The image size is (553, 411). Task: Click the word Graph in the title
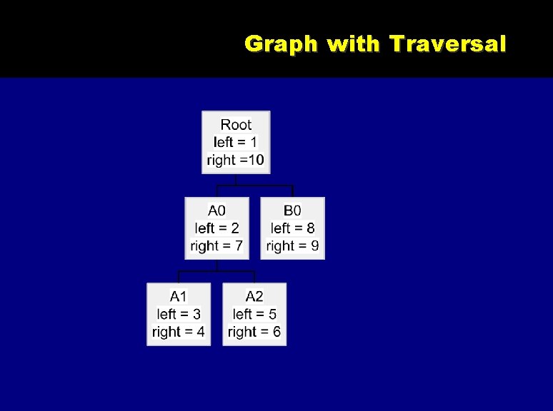281,45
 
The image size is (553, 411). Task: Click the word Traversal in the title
448,44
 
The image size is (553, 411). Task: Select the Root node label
236,125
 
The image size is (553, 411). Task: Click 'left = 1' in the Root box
236,142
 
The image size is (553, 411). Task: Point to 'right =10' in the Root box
236,160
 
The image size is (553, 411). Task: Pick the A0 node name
216,210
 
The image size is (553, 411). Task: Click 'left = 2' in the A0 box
216,228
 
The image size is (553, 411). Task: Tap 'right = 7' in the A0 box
216,246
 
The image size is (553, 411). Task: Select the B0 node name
292,210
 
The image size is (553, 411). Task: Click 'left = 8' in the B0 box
292,228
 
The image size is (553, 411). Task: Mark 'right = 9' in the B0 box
292,246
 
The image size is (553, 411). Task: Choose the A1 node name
179,296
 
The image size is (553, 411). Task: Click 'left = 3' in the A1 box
179,314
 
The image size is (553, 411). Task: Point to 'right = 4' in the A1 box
179,332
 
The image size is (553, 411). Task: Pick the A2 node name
254,296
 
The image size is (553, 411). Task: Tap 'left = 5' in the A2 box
254,314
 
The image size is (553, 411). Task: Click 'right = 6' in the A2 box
254,332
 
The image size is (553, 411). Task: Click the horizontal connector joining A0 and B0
255,186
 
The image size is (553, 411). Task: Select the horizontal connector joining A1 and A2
216,272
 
